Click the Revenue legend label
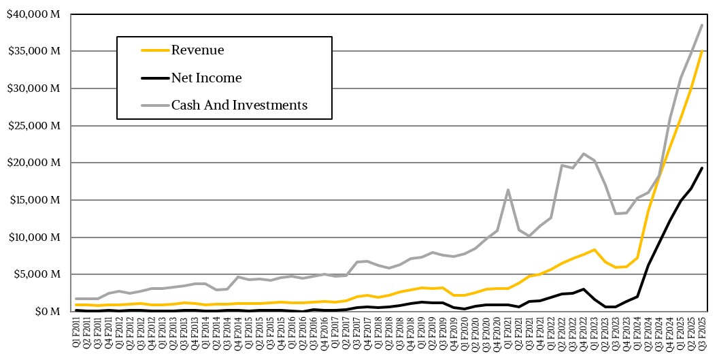(x=197, y=50)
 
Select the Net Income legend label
(x=206, y=78)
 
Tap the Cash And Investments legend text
(x=239, y=105)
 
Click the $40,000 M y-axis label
(x=33, y=14)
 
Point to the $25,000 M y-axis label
(x=33, y=126)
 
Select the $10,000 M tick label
(x=33, y=238)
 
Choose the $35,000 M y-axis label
(x=33, y=52)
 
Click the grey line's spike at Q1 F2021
(x=507, y=190)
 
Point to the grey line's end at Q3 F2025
(x=702, y=25)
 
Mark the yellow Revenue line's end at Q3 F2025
(x=702, y=51)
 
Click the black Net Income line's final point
(x=702, y=167)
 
